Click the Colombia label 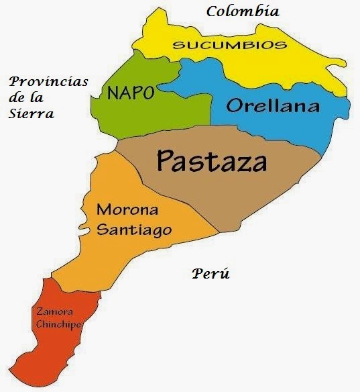click(243, 11)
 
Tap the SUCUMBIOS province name click(230, 45)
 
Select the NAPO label click(131, 93)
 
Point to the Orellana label click(272, 105)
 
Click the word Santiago click(134, 230)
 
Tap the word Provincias click(48, 81)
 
